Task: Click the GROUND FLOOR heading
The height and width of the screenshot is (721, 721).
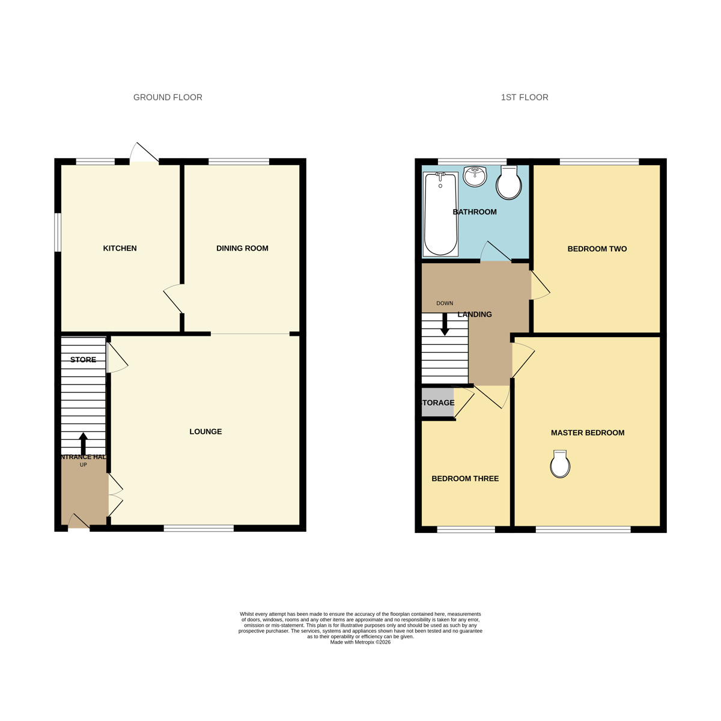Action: [168, 97]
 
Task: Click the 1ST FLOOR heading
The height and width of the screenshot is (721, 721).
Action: [525, 97]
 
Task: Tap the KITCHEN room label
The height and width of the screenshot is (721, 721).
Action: [120, 248]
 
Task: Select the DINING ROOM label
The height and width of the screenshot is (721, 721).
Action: [242, 248]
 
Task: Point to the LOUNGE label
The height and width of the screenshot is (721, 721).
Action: [205, 431]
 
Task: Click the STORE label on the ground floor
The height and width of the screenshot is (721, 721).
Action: [83, 360]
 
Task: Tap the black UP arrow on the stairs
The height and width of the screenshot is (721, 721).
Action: [84, 443]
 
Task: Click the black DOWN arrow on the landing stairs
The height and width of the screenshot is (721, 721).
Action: [445, 324]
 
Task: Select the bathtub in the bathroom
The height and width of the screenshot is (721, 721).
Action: [440, 213]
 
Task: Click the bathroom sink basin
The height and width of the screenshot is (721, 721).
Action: [475, 175]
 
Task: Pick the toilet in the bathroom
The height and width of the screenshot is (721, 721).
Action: [509, 183]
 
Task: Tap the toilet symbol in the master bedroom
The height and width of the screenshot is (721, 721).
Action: [560, 464]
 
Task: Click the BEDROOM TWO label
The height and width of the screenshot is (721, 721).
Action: [597, 249]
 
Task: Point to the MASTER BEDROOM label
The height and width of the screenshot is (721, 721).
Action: [588, 433]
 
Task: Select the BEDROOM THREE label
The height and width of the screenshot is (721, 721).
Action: [465, 479]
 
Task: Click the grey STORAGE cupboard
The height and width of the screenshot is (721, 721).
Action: [437, 403]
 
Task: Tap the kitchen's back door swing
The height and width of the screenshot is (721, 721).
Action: [144, 153]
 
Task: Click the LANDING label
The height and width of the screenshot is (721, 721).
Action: [475, 314]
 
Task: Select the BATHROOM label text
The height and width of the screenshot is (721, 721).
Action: [475, 212]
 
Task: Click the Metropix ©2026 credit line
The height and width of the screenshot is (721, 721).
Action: [360, 642]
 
